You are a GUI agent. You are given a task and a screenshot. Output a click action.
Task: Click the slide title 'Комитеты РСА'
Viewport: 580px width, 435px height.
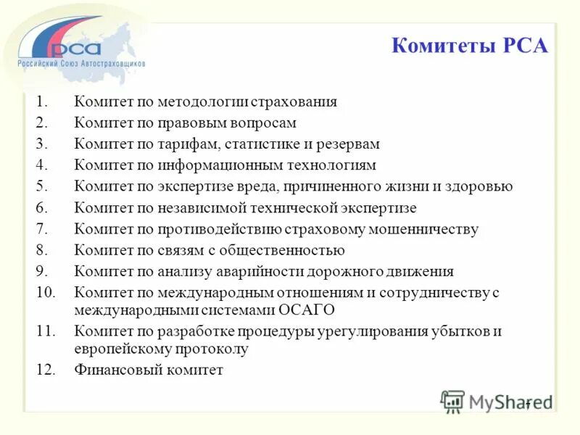470,46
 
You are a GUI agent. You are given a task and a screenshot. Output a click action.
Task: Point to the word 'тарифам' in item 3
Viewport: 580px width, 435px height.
187,144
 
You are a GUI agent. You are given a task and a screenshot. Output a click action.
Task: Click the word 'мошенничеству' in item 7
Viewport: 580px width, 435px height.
432,229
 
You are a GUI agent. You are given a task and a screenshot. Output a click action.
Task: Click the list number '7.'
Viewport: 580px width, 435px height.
41,229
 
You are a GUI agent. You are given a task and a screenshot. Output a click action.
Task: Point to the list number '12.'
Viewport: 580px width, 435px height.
45,370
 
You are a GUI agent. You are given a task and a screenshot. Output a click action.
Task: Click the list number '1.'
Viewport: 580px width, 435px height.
41,102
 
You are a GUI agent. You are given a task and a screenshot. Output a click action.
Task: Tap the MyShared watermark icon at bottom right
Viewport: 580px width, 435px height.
453,401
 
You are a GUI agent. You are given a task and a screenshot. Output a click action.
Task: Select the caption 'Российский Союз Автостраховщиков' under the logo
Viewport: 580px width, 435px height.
81,63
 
